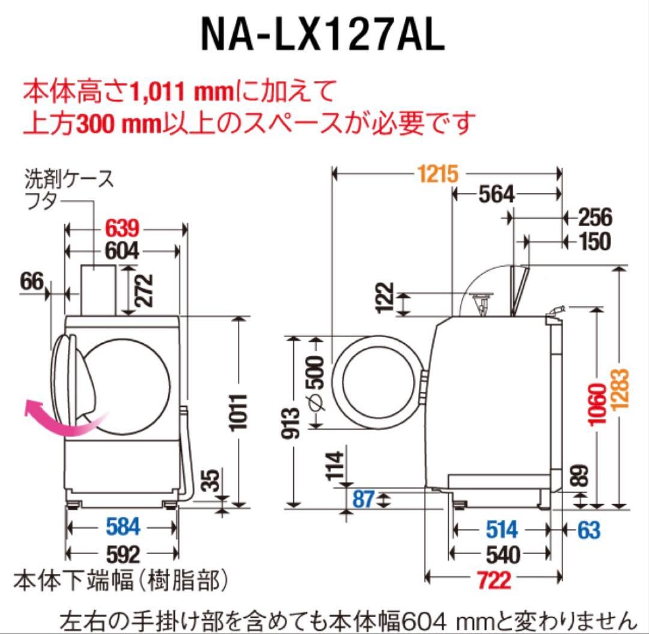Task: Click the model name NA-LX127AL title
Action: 323,35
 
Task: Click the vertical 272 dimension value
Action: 144,290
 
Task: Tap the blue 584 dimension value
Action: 123,527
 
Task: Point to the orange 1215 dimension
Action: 439,174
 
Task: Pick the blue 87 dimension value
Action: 363,498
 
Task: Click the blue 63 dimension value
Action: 589,529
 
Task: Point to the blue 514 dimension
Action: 501,529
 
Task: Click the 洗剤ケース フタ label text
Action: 69,189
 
